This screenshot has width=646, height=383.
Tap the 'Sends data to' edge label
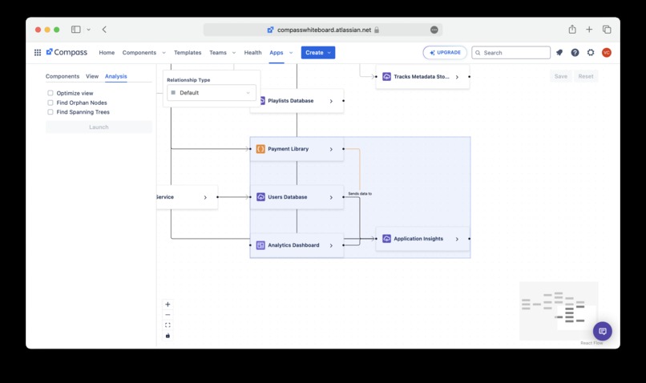[x=360, y=194]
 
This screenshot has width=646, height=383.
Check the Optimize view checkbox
[x=50, y=93]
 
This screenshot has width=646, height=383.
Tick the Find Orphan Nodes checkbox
[x=50, y=103]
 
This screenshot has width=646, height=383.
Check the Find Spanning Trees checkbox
[x=50, y=112]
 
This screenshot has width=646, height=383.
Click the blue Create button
[x=318, y=53]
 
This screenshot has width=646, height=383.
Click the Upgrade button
[x=445, y=53]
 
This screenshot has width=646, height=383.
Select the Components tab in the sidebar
[x=63, y=76]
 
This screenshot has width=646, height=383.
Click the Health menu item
[x=252, y=53]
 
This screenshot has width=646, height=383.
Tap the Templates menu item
[x=188, y=53]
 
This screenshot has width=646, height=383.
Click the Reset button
[x=586, y=76]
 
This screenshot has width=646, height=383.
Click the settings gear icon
[x=591, y=53]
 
